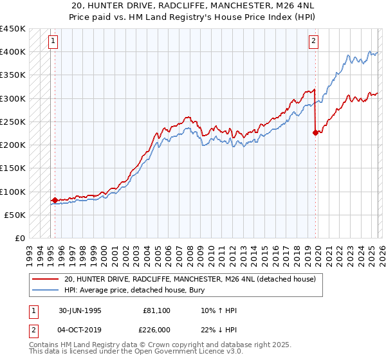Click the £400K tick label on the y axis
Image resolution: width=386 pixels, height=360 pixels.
coord(13,51)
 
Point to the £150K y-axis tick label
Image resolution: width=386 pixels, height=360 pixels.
coord(13,168)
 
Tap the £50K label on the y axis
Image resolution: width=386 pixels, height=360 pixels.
coord(15,215)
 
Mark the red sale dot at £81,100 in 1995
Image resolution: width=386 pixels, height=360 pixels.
coord(55,201)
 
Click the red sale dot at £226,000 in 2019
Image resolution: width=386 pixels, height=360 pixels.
coord(315,133)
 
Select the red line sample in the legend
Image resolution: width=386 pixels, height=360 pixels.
coord(45,280)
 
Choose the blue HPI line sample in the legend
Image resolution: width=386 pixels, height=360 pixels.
coord(45,291)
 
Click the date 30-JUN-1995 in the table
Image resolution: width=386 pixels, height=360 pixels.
coord(81,310)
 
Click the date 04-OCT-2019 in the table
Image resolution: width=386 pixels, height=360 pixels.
coord(81,330)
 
